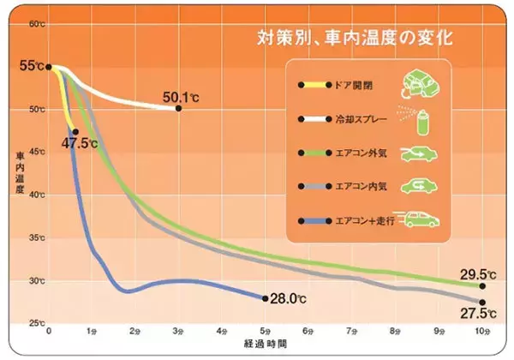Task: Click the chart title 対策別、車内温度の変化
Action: point(355,39)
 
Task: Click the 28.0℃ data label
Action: point(288,299)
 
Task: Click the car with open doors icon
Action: point(421,83)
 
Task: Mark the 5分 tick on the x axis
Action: point(266,329)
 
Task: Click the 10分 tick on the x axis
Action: point(482,329)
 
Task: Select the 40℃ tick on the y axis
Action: point(36,195)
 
